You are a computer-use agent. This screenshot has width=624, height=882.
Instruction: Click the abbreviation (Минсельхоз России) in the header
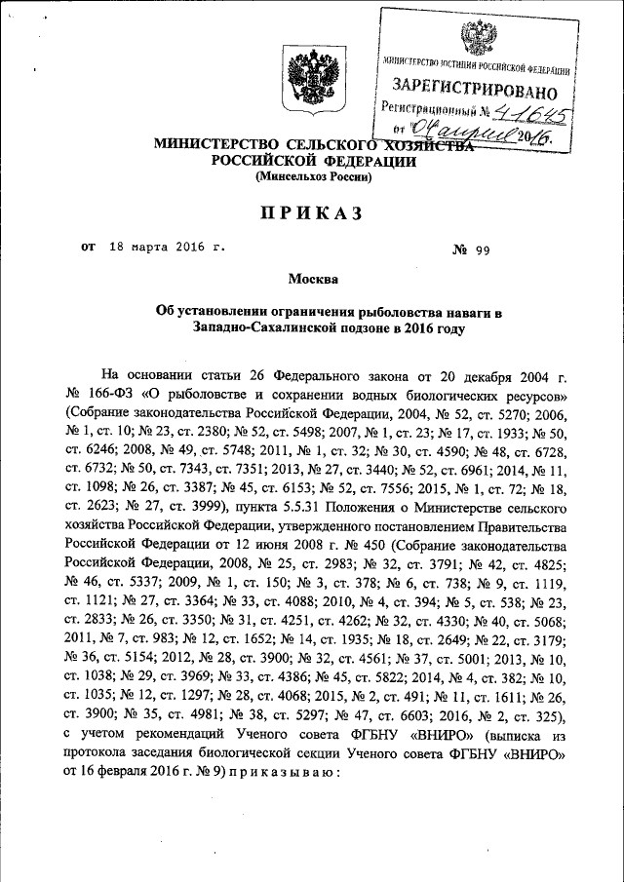[312, 177]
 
